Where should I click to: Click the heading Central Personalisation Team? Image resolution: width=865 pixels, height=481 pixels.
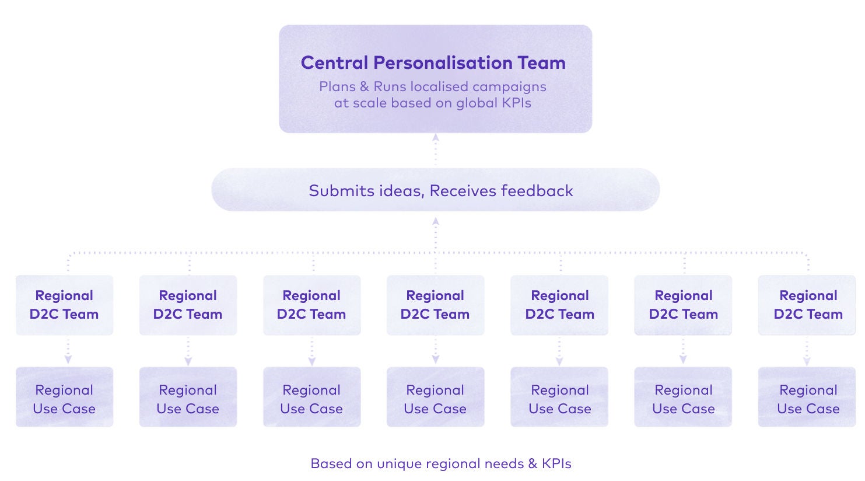[433, 62]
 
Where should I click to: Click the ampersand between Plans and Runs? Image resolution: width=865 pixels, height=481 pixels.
[365, 87]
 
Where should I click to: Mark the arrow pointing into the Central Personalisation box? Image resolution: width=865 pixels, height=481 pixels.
[435, 138]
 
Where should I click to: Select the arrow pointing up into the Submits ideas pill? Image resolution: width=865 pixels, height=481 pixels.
[435, 222]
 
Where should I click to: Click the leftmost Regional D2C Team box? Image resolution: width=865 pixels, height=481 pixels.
[64, 305]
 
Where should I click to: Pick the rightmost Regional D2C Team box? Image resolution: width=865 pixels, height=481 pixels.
[808, 305]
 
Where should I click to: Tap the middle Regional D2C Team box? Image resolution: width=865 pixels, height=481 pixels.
[435, 305]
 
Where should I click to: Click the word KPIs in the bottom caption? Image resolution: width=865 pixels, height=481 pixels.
[556, 464]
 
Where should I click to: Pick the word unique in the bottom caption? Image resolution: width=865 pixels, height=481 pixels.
[399, 464]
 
